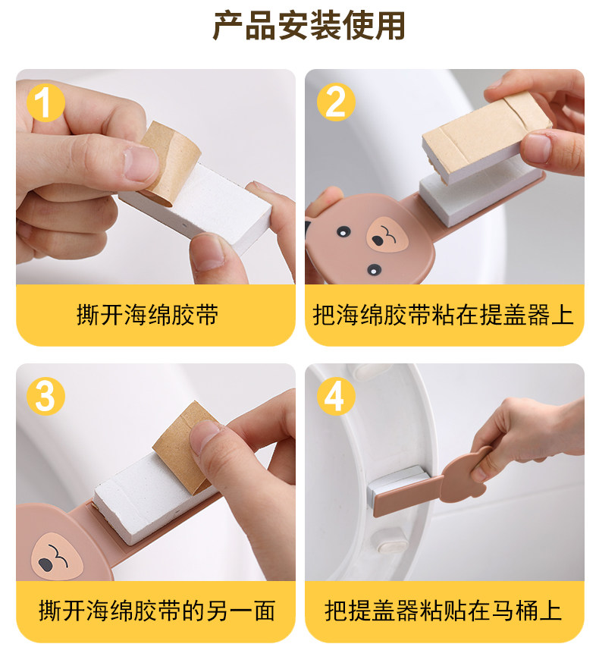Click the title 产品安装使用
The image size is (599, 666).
pyautogui.click(x=309, y=26)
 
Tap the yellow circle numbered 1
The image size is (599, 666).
pyautogui.click(x=45, y=102)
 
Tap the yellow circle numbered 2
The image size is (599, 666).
pyautogui.click(x=336, y=102)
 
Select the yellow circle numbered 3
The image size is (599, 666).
pyautogui.click(x=45, y=396)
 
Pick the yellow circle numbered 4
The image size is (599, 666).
pyautogui.click(x=336, y=396)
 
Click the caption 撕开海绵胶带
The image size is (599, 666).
pyautogui.click(x=147, y=315)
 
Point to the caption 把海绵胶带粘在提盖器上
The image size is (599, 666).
pyautogui.click(x=444, y=315)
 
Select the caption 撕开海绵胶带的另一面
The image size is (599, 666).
pyautogui.click(x=157, y=611)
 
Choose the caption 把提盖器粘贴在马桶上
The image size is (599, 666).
pyautogui.click(x=444, y=611)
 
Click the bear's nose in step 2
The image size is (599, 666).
pyautogui.click(x=387, y=235)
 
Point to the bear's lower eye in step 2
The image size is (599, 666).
pyautogui.click(x=374, y=270)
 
